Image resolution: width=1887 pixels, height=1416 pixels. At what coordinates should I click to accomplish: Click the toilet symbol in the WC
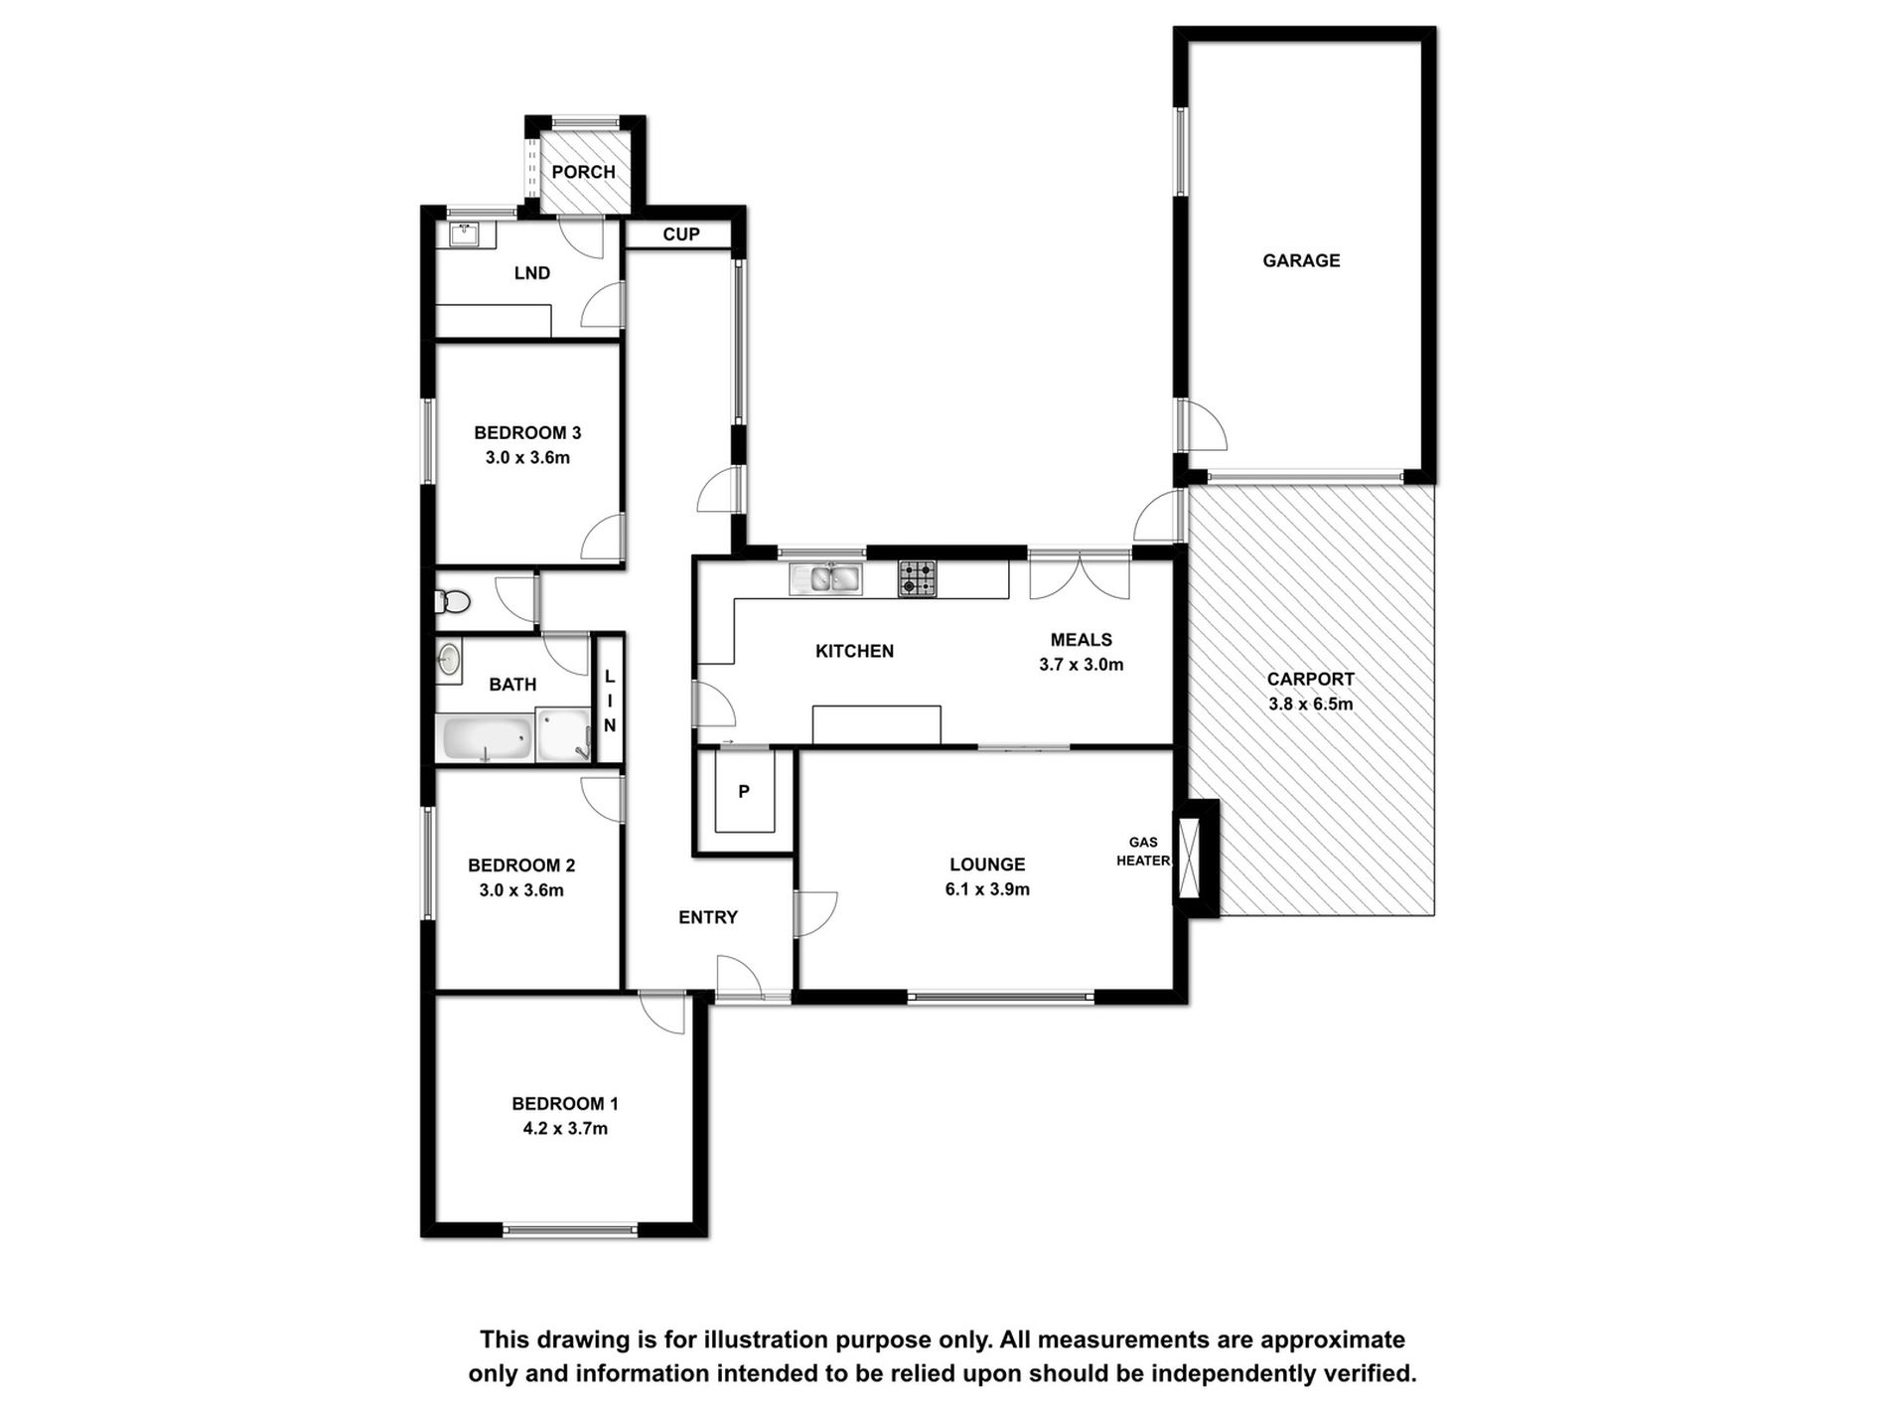453,601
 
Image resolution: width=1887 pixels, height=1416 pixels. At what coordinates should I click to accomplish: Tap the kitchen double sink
825,578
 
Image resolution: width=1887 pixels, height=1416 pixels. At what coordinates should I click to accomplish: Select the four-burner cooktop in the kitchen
917,578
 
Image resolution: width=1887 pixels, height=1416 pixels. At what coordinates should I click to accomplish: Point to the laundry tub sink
464,236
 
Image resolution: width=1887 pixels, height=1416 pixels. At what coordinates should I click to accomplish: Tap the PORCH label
583,172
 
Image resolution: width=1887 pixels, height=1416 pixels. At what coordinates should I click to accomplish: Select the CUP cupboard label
681,235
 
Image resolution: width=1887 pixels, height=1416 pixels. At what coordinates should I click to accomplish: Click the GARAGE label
1301,260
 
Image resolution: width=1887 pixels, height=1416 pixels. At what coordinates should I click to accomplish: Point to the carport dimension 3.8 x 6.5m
1310,705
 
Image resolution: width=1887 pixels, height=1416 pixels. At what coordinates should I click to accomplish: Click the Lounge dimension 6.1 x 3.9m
987,889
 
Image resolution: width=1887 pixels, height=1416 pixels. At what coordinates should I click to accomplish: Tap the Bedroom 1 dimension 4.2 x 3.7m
565,1129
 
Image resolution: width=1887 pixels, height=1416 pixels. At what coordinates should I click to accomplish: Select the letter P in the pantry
744,792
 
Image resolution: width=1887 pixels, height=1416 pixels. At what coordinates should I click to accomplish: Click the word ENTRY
708,917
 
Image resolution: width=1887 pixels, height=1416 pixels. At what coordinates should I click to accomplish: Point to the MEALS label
1082,640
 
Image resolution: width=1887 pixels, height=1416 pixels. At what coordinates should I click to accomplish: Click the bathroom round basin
449,660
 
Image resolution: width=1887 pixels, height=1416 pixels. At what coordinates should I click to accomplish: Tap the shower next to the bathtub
563,735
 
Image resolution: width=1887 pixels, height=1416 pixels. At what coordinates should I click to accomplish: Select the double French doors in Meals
1080,578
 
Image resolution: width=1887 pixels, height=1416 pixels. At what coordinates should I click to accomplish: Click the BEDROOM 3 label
527,433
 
